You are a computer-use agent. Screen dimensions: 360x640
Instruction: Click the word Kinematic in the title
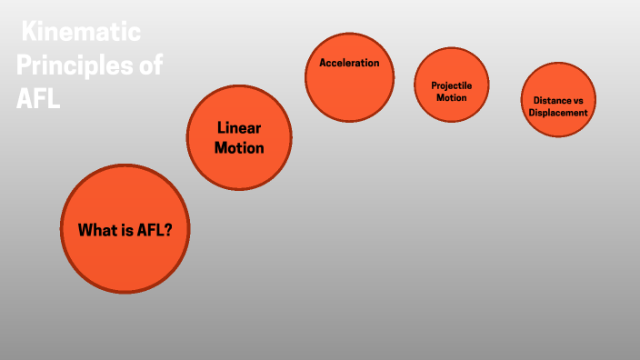pos(82,35)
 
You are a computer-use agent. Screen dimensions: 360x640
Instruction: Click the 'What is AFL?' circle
pos(125,228)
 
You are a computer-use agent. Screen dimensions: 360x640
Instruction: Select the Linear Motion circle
pos(239,137)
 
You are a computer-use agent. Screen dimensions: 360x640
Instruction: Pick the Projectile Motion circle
pos(451,84)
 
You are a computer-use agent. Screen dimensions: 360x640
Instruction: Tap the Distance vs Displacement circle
pos(558,100)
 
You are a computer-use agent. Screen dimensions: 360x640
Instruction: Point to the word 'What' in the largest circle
pos(97,231)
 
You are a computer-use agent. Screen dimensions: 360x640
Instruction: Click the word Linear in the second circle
pos(239,127)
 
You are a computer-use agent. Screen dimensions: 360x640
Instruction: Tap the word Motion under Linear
pos(239,147)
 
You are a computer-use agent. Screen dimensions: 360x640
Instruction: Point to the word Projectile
pos(452,85)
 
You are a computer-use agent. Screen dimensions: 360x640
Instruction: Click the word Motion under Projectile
pos(451,97)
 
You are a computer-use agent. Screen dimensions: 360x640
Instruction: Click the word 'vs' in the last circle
pos(579,100)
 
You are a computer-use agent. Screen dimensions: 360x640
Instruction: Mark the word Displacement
pos(558,113)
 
